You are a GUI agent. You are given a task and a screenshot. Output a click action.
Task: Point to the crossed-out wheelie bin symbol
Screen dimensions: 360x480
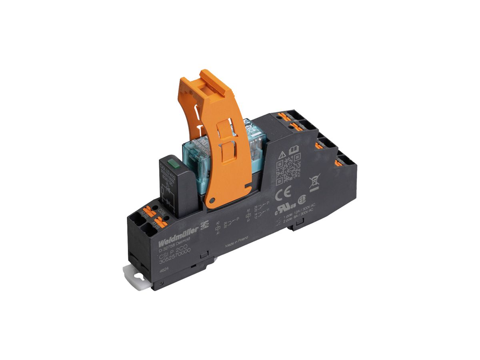tap(314, 182)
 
